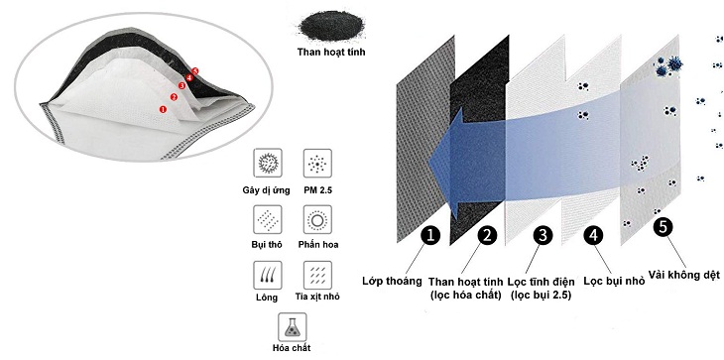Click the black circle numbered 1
tap(429, 235)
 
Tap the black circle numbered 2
tap(486, 235)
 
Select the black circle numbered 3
tap(543, 235)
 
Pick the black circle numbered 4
tap(592, 235)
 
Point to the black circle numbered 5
tap(664, 226)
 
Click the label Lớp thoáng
tap(390, 281)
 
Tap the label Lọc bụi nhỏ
tap(614, 281)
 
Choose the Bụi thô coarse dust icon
tap(266, 219)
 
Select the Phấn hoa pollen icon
tap(317, 219)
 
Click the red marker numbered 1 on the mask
tap(164, 109)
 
